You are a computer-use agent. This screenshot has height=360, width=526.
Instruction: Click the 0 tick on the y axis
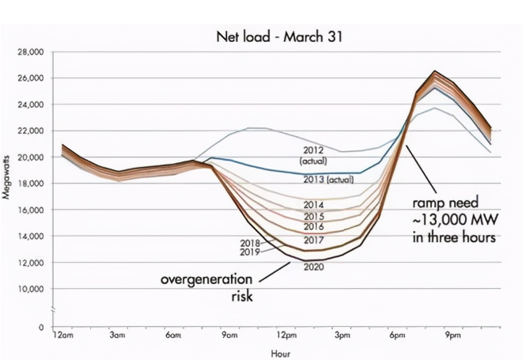click(40, 327)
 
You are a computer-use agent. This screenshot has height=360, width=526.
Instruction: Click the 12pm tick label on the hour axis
click(286, 335)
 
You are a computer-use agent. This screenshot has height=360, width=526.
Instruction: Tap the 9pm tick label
click(452, 335)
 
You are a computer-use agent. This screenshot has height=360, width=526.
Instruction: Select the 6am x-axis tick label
click(173, 335)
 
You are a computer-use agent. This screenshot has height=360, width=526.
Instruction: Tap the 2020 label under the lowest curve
click(314, 267)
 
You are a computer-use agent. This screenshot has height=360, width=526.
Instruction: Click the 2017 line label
click(314, 240)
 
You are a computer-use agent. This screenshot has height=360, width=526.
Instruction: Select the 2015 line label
click(314, 216)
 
